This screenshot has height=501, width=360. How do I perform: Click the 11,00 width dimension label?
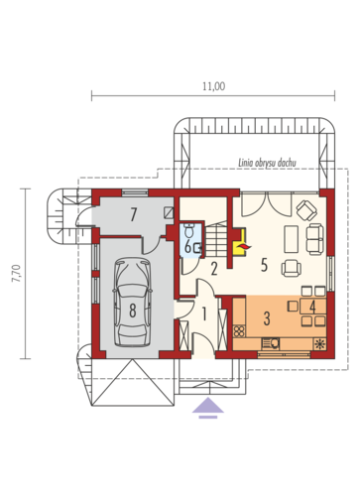(212, 86)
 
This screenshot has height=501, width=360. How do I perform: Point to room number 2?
(213, 267)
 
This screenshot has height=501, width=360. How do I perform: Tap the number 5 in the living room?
(264, 265)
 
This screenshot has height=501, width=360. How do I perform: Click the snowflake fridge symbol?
(319, 343)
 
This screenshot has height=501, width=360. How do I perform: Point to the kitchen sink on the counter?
(271, 343)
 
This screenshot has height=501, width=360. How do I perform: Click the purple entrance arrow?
(207, 407)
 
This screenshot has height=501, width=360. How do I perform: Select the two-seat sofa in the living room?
(316, 237)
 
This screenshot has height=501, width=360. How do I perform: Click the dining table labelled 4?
(311, 308)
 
